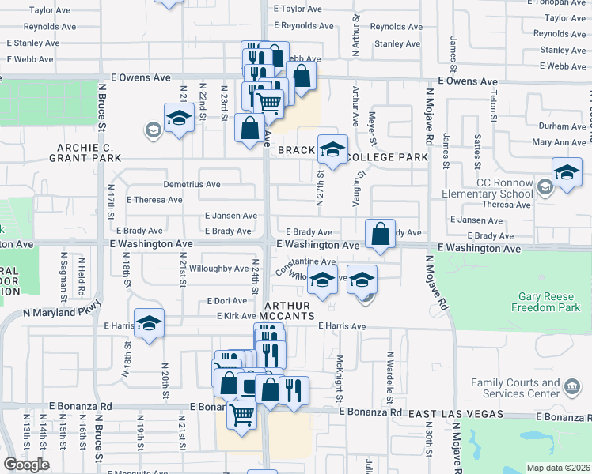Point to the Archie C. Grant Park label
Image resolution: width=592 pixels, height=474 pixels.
[x=93, y=152]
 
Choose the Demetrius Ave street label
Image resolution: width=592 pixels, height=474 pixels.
[x=192, y=184]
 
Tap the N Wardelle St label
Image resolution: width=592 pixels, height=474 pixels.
[x=389, y=373]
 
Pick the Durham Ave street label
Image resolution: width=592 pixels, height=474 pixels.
[x=562, y=126]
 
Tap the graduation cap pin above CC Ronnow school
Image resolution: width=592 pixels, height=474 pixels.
[x=567, y=171]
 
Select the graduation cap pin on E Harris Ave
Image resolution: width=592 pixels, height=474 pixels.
[x=149, y=324]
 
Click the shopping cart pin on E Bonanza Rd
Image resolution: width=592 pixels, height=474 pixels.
[x=241, y=413]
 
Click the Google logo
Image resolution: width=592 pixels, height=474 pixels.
[x=26, y=465]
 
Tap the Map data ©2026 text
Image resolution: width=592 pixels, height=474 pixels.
[x=557, y=468]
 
